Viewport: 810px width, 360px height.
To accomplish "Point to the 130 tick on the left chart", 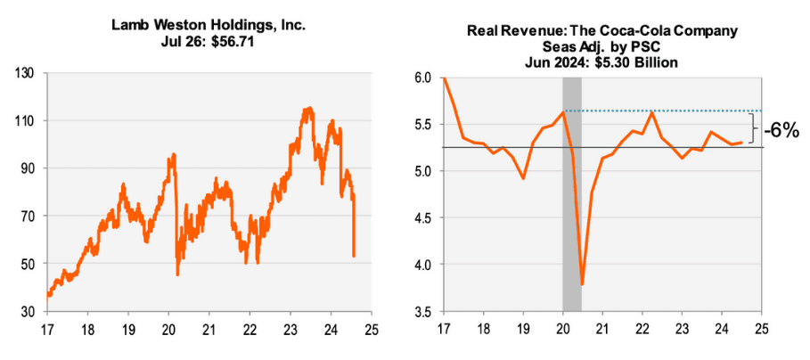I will point(25,72).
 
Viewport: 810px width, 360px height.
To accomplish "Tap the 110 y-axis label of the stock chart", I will point(25,120).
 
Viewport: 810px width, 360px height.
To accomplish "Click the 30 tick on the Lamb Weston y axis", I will point(28,312).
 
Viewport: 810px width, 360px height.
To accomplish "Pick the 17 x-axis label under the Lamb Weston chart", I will point(46,329).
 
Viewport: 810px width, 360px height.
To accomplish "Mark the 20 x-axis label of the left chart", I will point(168,329).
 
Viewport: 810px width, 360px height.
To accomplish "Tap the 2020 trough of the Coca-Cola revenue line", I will point(582,284).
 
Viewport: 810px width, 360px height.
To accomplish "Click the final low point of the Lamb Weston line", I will point(356,257).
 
